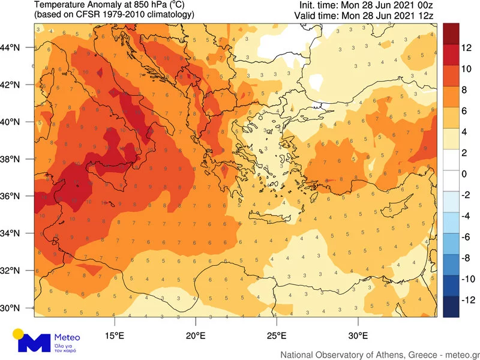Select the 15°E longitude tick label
(x=115, y=335)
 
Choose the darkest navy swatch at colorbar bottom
(x=451, y=307)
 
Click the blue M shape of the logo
(x=35, y=343)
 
